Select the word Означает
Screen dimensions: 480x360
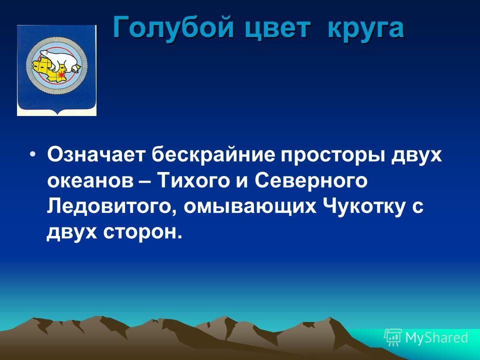pos(95,154)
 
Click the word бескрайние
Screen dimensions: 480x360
pos(213,154)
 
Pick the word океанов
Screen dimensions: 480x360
pos(90,181)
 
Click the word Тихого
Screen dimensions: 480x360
pos(193,180)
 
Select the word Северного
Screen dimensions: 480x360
pos(311,180)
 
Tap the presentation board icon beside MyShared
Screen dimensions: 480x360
pos(393,337)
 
